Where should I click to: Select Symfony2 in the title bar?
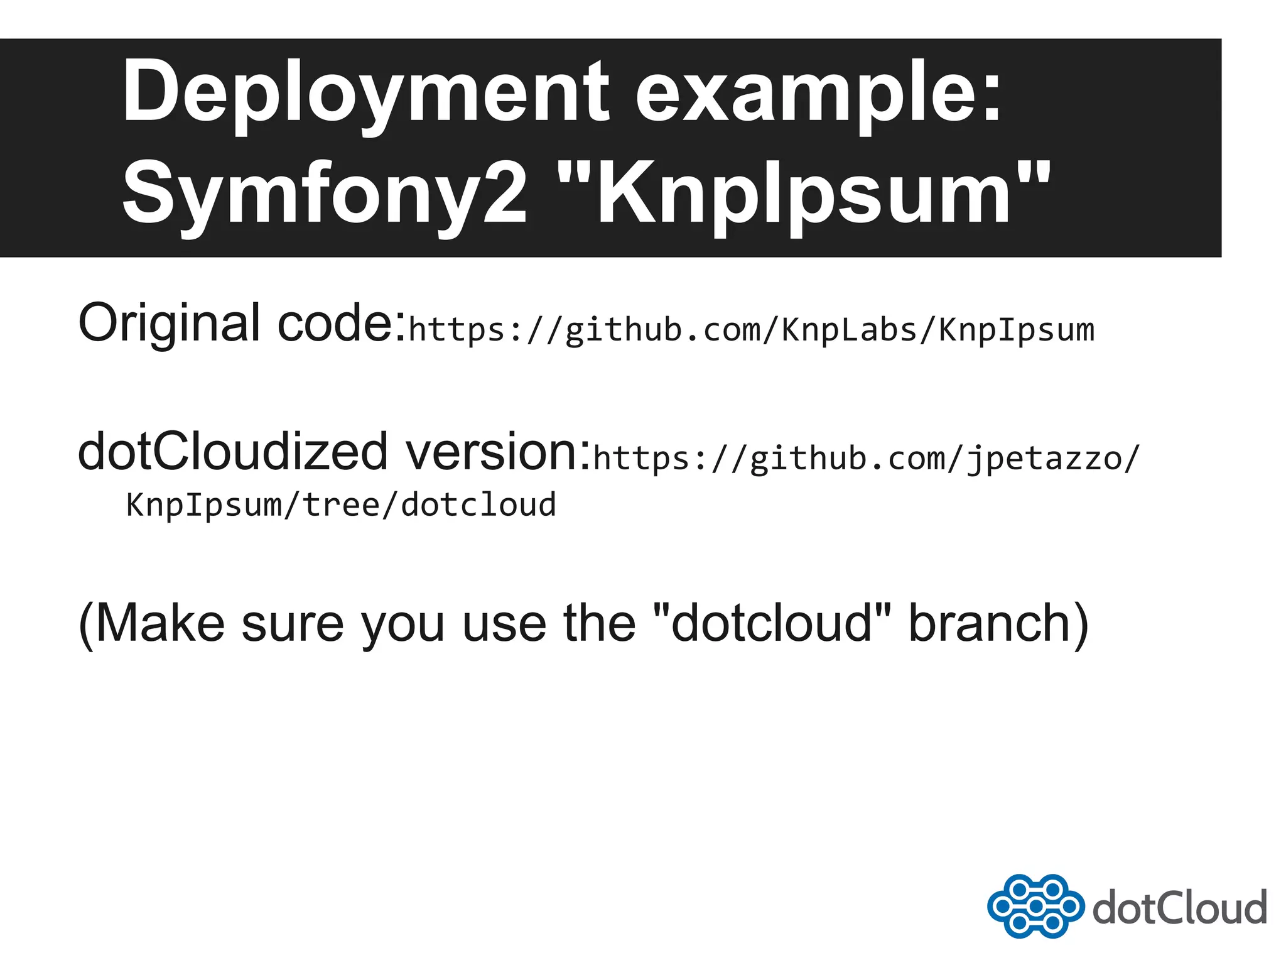324,194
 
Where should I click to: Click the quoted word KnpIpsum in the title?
804,194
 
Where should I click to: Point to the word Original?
169,323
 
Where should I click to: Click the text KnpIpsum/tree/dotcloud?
341,504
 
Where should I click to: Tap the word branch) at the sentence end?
998,623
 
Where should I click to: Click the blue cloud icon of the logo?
1035,906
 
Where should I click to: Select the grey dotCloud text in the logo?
1179,907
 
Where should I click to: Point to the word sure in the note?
293,623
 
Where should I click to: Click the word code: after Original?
342,323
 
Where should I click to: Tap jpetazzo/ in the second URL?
1052,458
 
